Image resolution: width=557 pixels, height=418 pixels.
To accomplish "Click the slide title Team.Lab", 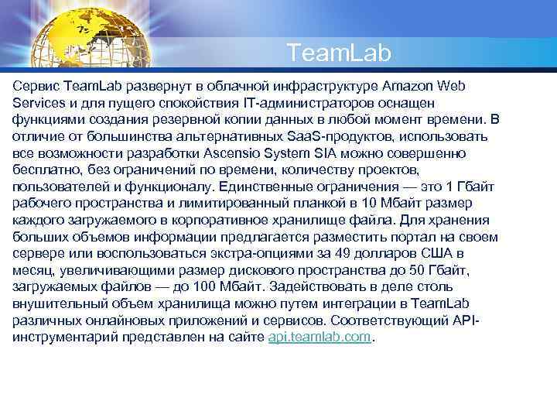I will click(x=339, y=53).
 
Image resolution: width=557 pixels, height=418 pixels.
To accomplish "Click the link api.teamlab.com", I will click(x=320, y=338).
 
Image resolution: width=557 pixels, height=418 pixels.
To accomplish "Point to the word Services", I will click(x=39, y=102).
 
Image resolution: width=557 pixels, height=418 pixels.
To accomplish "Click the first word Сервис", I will click(x=36, y=84).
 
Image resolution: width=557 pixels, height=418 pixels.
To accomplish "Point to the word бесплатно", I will click(x=43, y=170).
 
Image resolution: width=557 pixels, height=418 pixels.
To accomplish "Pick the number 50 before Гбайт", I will click(x=441, y=271).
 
